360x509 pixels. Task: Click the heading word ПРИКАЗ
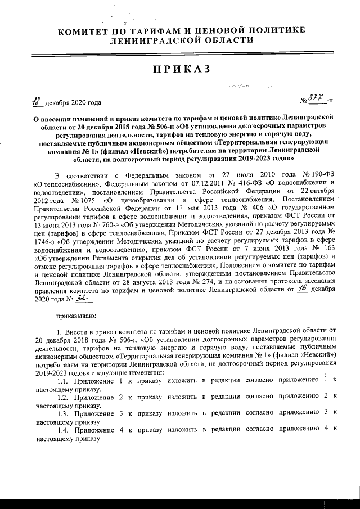coord(180,69)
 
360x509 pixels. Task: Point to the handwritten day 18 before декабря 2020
coord(37,102)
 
